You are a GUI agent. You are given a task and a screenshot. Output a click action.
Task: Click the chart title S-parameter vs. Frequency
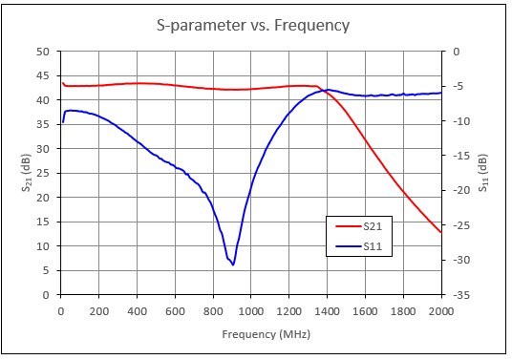coord(253,26)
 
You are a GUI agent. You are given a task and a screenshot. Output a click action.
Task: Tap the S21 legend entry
coord(359,226)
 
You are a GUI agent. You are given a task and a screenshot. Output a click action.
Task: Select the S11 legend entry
coord(359,246)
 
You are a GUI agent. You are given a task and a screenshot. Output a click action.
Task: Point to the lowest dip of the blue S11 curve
coord(233,265)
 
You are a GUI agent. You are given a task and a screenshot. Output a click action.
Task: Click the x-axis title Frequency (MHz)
coord(267,334)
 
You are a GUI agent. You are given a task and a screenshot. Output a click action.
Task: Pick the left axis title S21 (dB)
coord(26,173)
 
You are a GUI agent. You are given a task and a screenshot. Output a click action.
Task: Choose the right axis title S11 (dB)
coord(483,173)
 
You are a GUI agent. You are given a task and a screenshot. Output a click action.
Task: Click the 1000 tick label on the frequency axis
coord(251,311)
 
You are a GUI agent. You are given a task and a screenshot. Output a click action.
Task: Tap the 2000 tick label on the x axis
coord(440,311)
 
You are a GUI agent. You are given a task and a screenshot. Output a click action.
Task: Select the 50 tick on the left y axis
coord(42,52)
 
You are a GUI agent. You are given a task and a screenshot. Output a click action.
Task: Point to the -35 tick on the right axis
coord(461,295)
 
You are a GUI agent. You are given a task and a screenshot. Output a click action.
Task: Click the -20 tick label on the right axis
coord(461,191)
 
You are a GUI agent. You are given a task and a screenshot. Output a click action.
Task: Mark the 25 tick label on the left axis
coord(42,173)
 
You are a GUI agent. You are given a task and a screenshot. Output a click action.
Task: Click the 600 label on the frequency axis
coord(175,311)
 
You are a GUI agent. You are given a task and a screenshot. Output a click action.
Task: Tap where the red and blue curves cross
coord(324,91)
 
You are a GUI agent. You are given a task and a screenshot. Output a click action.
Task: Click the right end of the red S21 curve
coord(441,232)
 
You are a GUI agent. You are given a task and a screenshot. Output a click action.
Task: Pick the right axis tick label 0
coord(456,52)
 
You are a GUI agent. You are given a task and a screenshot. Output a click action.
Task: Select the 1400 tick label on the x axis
coord(327,311)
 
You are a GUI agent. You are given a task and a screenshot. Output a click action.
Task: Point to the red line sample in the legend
coord(349,226)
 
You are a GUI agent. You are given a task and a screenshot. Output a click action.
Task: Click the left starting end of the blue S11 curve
coord(63,122)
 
